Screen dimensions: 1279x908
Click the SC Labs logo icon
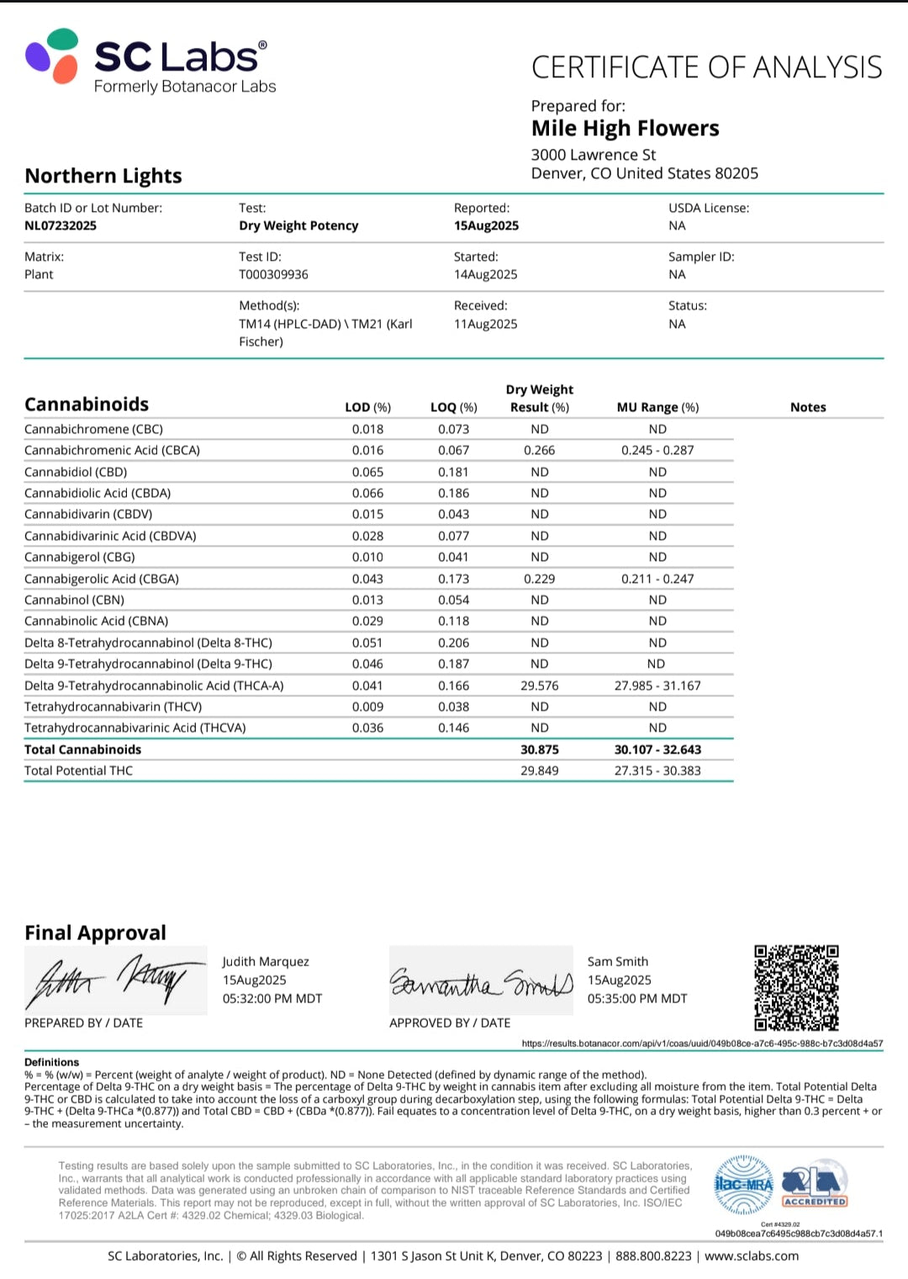(x=52, y=56)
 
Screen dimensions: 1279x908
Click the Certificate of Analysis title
(x=706, y=67)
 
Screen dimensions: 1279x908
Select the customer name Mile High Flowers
(x=625, y=129)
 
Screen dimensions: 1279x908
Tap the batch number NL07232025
(x=61, y=225)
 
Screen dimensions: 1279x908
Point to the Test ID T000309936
(x=273, y=274)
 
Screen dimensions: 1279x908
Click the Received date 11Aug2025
(x=485, y=324)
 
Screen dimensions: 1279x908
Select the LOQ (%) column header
(x=453, y=407)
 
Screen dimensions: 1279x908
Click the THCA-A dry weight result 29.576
(x=539, y=685)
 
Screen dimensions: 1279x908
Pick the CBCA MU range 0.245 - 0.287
(x=657, y=450)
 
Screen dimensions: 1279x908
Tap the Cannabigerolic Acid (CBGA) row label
(x=102, y=579)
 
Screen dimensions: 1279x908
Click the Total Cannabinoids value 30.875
(x=539, y=749)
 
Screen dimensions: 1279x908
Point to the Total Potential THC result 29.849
(x=539, y=770)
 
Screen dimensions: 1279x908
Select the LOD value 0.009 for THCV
(x=367, y=706)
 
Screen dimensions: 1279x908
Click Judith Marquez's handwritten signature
(x=115, y=980)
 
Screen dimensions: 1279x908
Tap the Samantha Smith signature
(x=481, y=981)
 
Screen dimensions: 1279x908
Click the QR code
(x=796, y=988)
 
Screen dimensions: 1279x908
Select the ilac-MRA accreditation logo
(x=743, y=1185)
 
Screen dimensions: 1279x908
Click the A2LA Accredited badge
(x=814, y=1185)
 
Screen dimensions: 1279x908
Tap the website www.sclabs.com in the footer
(x=752, y=1255)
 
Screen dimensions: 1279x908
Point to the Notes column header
(x=808, y=407)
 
